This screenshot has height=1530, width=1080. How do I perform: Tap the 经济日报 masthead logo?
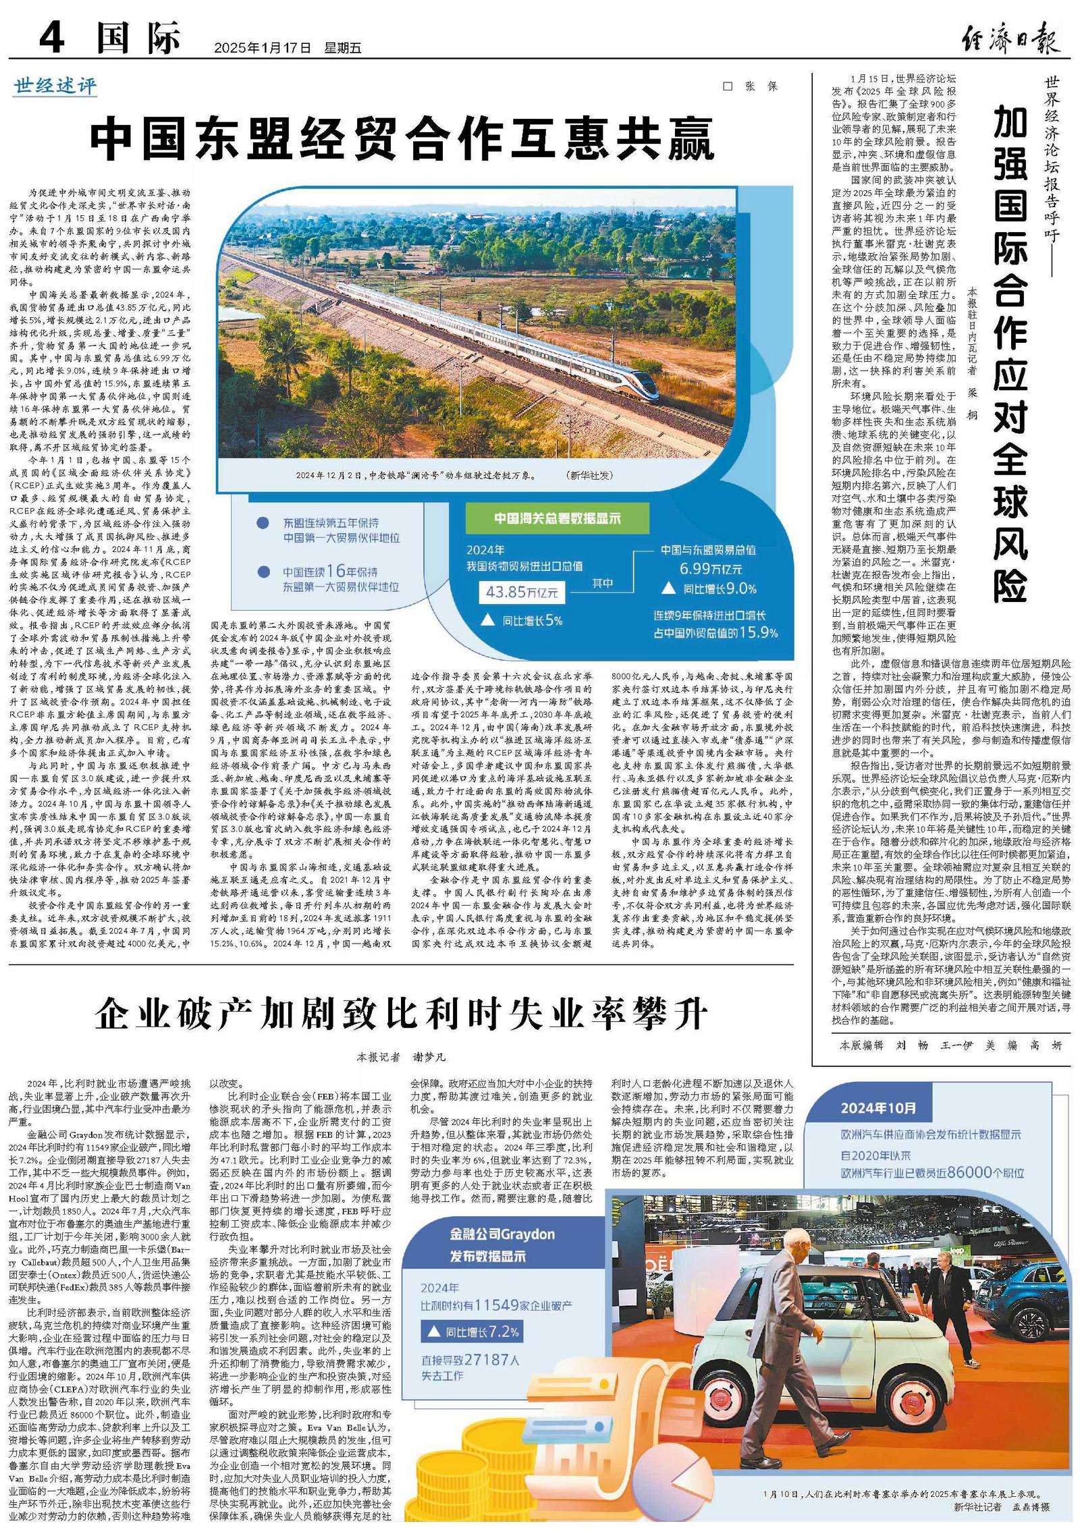[1010, 37]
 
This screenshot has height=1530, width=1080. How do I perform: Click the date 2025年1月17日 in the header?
[262, 48]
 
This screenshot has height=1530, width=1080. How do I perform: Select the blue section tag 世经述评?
[55, 86]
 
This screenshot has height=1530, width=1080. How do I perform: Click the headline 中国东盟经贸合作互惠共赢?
[402, 140]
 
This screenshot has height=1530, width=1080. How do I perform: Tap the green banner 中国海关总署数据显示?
[557, 518]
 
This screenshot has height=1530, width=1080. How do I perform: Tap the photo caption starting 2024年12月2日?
[415, 475]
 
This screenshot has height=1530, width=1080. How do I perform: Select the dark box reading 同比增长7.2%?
[472, 1332]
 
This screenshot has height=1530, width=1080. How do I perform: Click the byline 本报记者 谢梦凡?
[401, 1057]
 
